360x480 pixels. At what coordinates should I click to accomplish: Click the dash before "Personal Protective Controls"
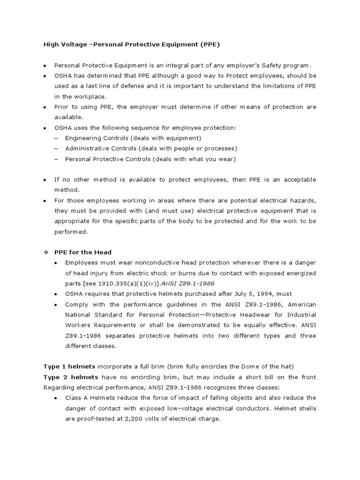pyautogui.click(x=56, y=159)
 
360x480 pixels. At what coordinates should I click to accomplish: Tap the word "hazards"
pyautogui.click(x=303, y=200)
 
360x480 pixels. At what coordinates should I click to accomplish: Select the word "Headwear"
pyautogui.click(x=247, y=315)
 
